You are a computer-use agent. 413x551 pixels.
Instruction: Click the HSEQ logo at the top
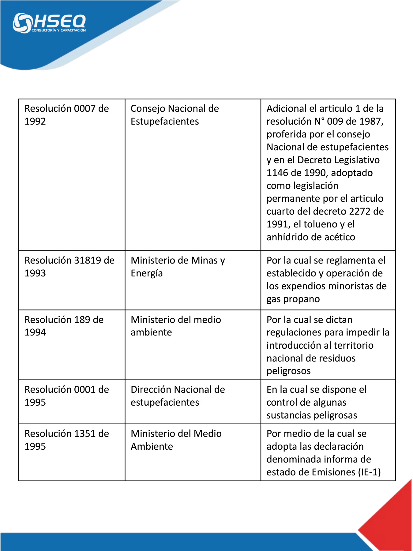49,22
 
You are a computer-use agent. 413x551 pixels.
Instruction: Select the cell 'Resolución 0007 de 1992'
66,115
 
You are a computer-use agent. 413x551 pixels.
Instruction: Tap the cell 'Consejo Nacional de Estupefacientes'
175,115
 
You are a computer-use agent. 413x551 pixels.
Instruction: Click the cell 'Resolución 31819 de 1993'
69,267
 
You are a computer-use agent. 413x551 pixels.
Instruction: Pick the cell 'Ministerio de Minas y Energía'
178,267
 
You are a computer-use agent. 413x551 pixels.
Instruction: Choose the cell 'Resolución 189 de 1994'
64,326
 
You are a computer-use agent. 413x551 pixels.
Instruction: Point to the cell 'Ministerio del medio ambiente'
176,326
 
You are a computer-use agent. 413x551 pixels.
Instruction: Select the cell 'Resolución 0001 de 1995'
66,396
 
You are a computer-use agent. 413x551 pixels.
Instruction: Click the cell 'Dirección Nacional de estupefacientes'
178,396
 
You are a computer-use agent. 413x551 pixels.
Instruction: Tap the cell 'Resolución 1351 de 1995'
66,440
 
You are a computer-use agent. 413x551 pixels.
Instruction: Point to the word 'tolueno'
318,224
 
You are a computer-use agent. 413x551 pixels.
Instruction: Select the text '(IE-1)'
370,472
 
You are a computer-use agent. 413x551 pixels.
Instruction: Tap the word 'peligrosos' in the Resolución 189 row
288,371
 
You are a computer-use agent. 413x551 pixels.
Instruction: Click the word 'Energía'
147,273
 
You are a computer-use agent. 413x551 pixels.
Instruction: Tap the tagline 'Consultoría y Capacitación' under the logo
58,30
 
